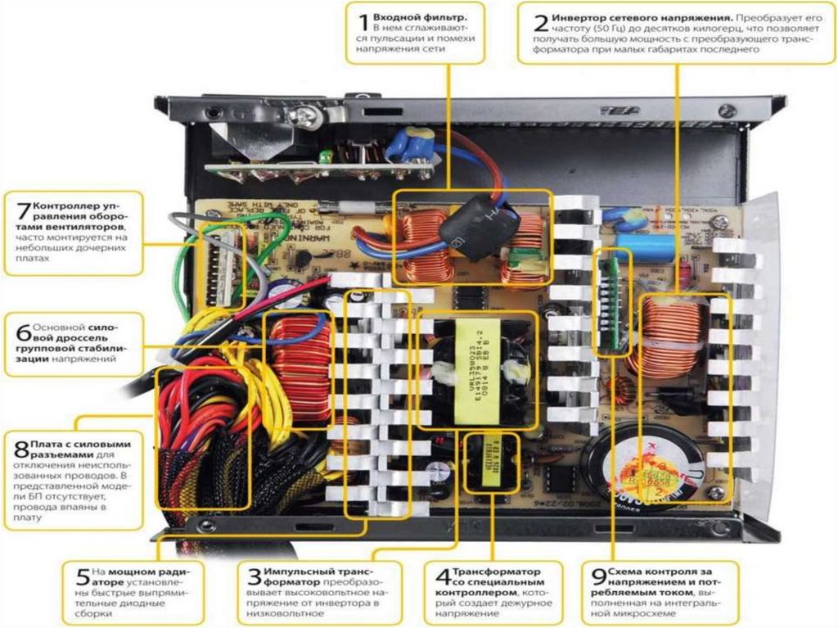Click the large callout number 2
click(x=538, y=23)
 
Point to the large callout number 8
click(x=21, y=450)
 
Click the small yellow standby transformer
click(x=493, y=463)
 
